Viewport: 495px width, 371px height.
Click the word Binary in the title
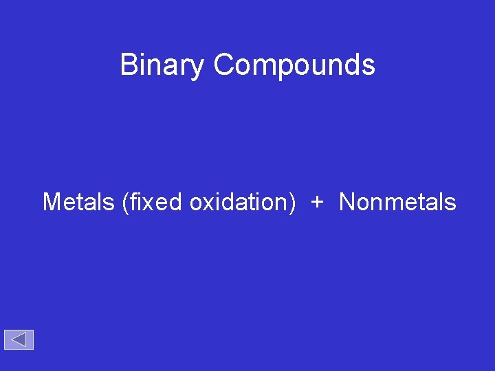[162, 65]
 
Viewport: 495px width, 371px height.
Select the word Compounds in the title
[294, 65]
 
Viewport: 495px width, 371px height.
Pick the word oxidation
[239, 202]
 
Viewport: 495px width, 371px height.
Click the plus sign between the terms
[317, 202]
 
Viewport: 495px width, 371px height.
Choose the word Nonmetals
[397, 202]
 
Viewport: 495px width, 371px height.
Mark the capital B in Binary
[129, 65]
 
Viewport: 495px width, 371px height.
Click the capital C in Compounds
[223, 65]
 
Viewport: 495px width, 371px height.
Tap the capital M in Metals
[52, 202]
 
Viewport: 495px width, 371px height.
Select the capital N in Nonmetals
[347, 202]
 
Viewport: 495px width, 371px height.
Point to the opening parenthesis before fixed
[125, 203]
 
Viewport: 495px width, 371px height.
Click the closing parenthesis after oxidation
[294, 203]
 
